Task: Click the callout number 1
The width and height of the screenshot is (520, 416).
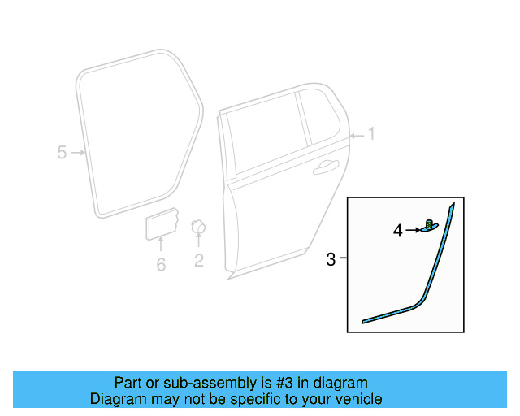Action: click(371, 134)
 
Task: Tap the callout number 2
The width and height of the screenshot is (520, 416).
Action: click(198, 261)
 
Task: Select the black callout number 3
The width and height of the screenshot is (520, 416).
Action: click(331, 259)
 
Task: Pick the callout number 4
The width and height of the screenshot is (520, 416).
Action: click(398, 231)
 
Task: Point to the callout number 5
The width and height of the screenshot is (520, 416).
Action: click(62, 153)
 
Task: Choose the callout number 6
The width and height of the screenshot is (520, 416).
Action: click(161, 264)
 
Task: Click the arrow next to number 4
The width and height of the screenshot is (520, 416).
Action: click(414, 230)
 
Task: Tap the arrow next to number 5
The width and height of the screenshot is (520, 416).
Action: click(78, 153)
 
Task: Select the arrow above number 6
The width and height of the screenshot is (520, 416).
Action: click(161, 244)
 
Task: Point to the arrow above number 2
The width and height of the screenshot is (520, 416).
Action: click(198, 240)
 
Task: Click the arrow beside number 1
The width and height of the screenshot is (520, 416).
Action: click(357, 136)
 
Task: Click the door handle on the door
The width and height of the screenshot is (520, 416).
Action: click(326, 167)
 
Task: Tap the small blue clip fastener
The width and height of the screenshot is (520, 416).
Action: click(430, 226)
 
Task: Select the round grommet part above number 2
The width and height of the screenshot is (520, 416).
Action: click(198, 227)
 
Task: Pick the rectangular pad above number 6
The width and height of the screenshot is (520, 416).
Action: click(162, 223)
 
